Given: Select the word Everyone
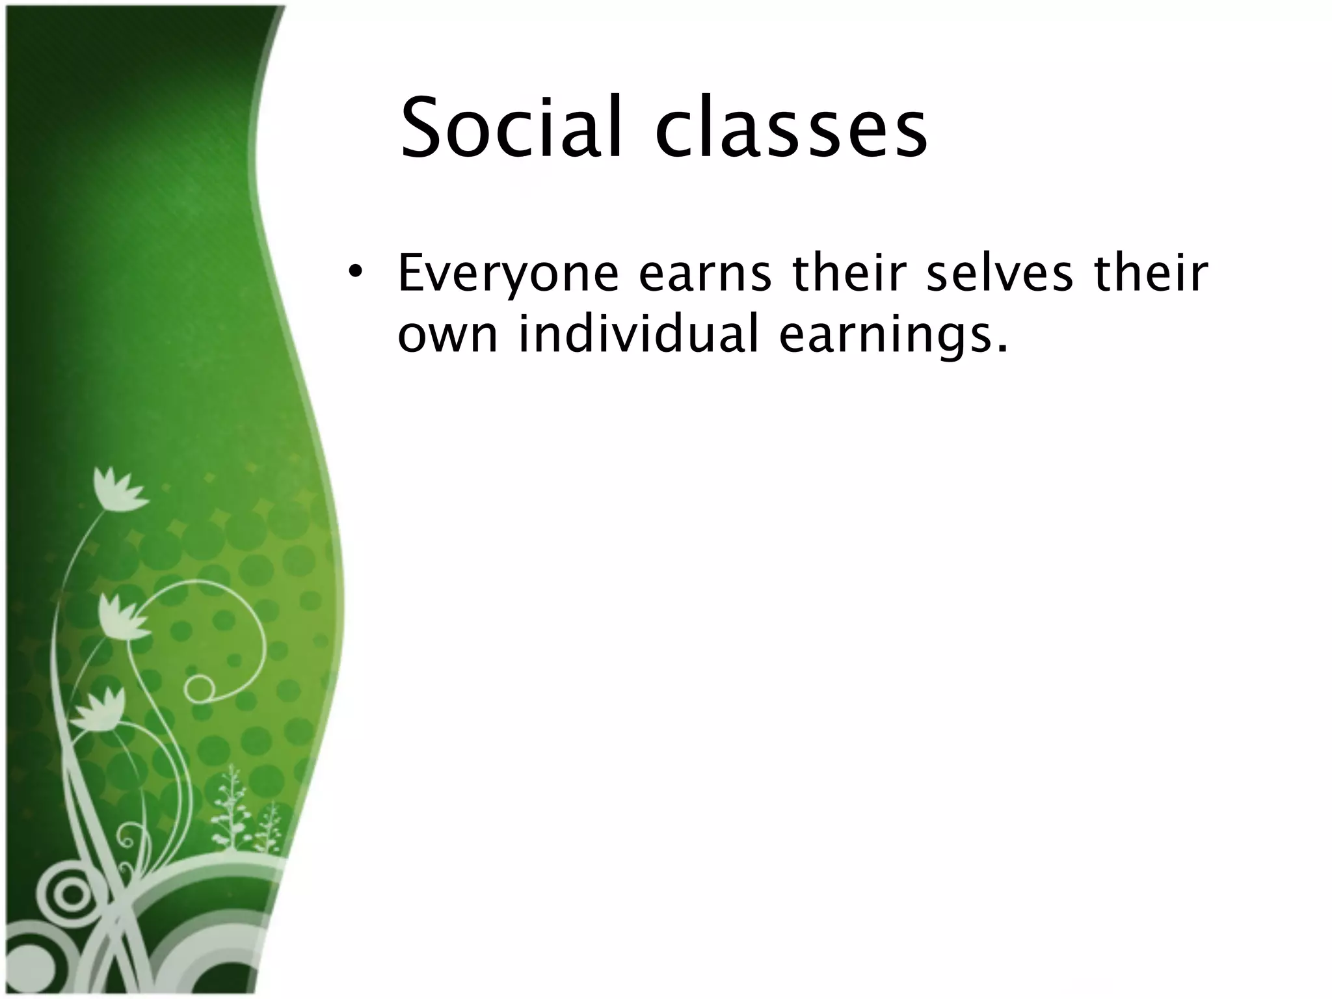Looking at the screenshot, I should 507,275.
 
